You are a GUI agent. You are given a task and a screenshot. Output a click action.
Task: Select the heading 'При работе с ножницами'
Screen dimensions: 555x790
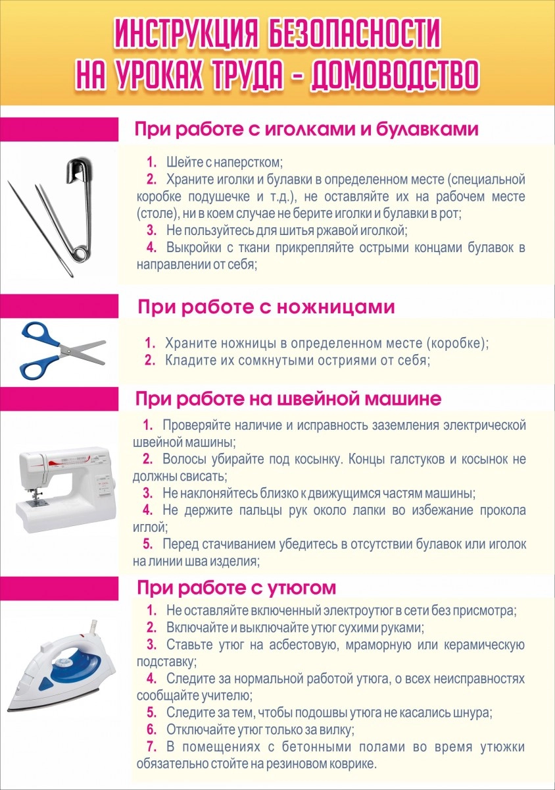[x=266, y=307]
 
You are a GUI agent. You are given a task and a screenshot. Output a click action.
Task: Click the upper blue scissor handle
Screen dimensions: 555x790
[x=36, y=334]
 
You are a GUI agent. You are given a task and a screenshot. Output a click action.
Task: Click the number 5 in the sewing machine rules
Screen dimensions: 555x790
[x=148, y=544]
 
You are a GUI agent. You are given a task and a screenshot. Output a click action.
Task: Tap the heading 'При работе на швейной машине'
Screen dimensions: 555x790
[x=288, y=398]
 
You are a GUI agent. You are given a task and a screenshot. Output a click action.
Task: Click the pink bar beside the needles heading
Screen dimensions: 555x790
[x=59, y=130]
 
